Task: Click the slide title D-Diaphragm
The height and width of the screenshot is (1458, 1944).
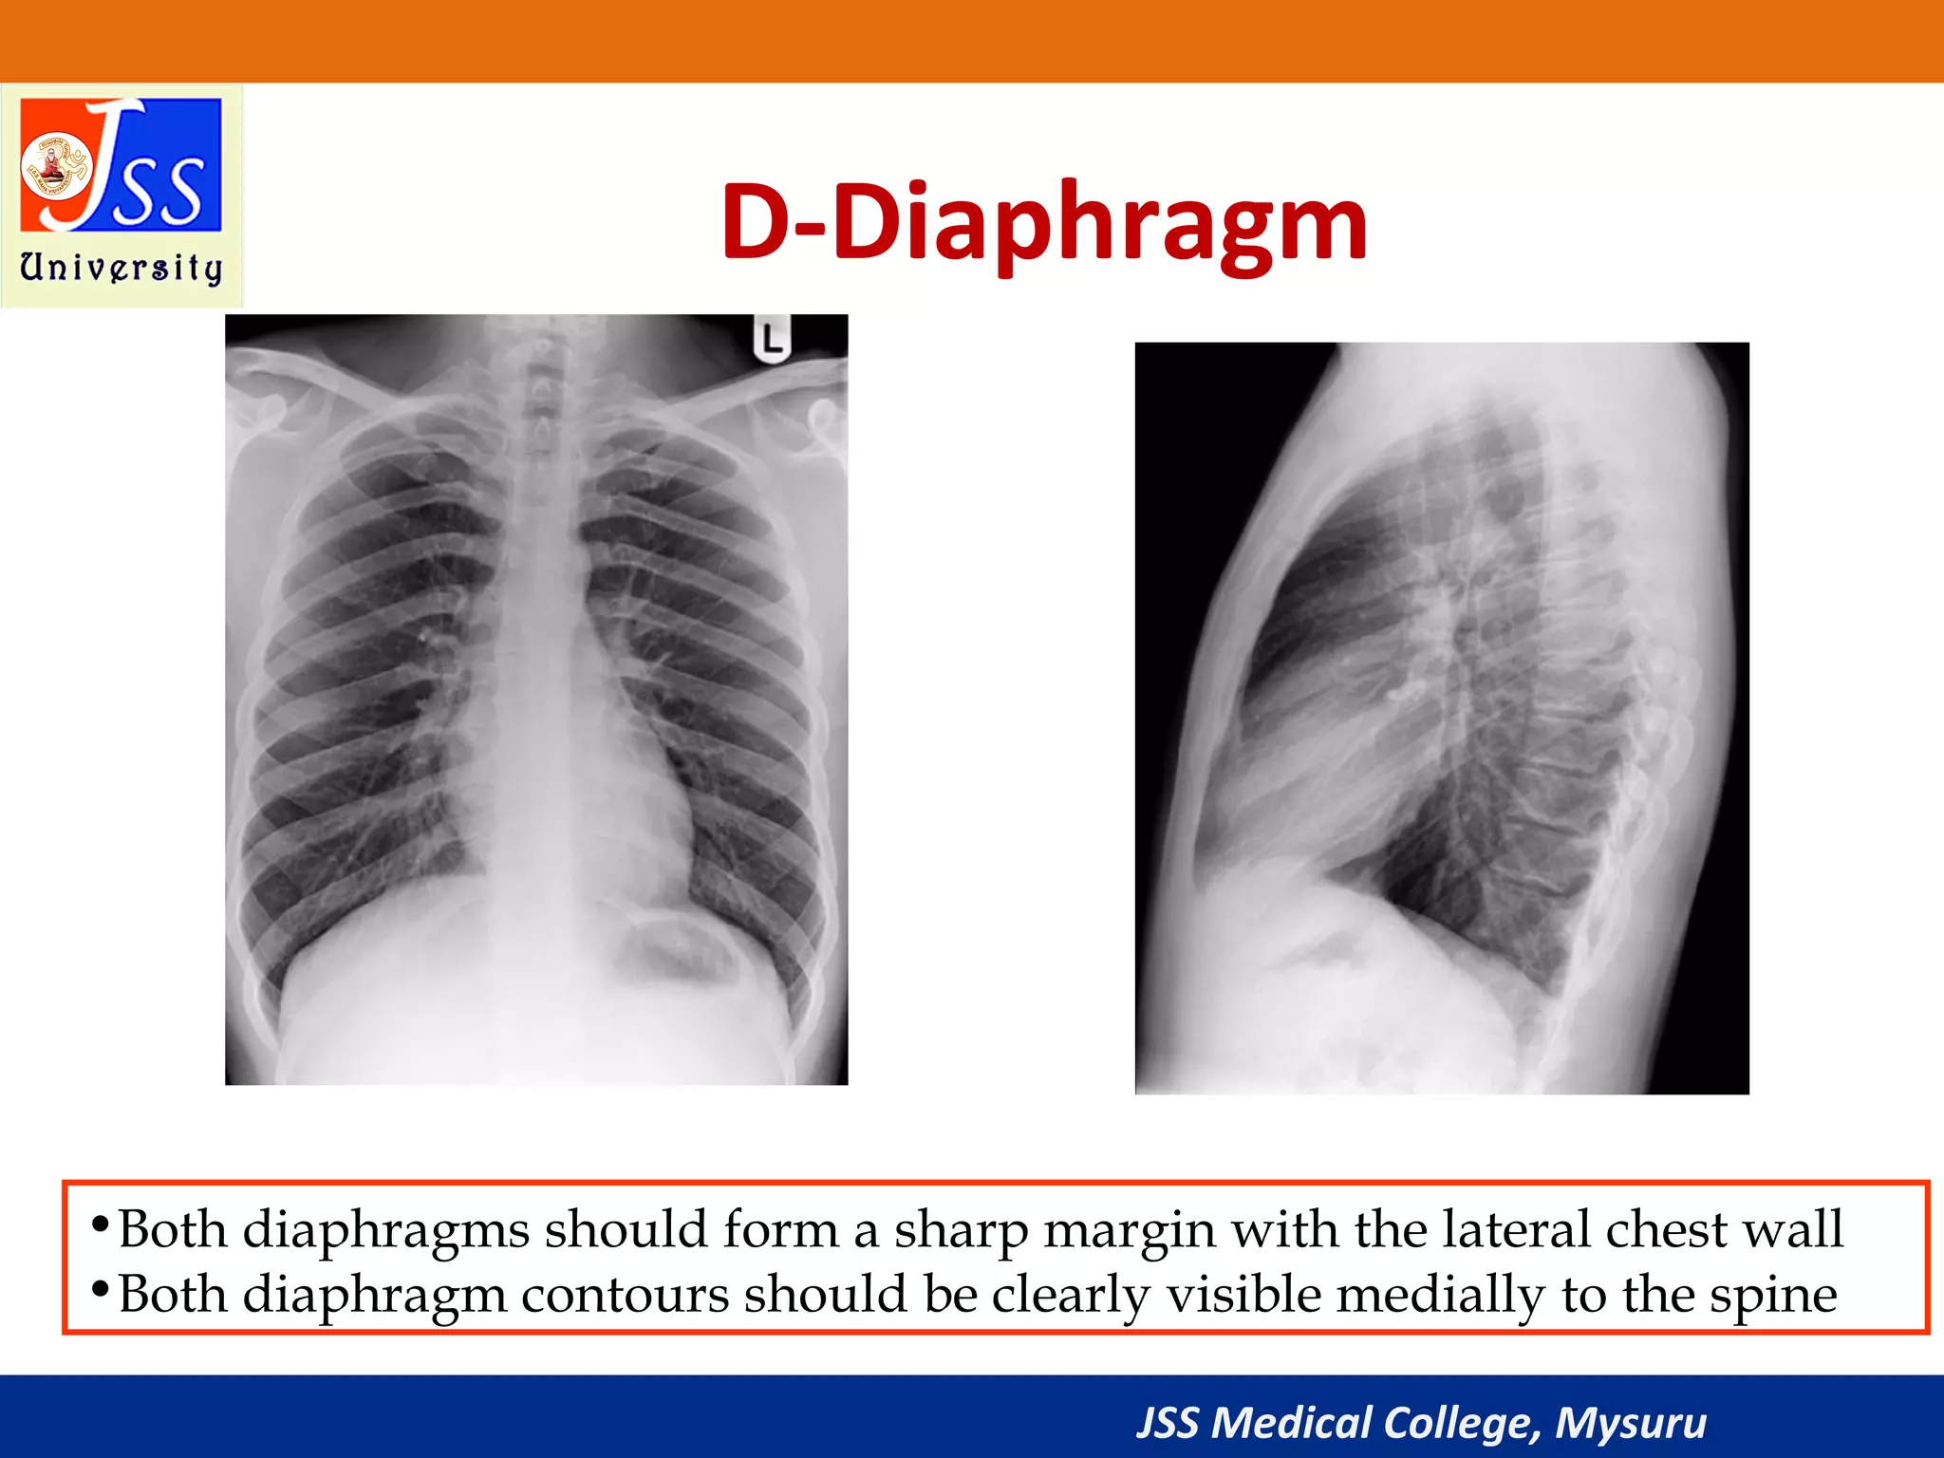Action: click(x=1043, y=223)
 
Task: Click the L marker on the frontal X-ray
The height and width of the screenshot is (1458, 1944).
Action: click(x=773, y=340)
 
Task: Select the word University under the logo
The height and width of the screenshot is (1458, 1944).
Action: click(x=121, y=268)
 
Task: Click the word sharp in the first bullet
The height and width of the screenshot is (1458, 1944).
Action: click(x=961, y=1230)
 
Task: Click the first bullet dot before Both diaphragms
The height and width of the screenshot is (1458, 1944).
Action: click(x=99, y=1225)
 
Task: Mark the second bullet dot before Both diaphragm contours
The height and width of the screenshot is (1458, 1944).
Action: click(x=99, y=1290)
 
